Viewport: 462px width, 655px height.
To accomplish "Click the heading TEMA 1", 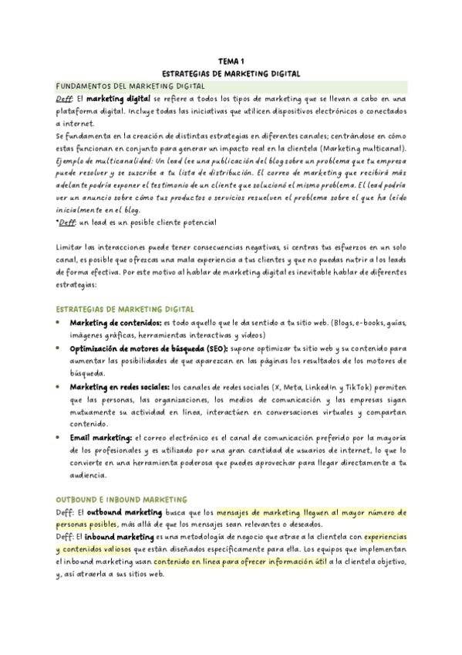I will click(x=231, y=61).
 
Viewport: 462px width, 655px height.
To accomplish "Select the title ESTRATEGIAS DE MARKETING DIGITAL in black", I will click(x=231, y=73).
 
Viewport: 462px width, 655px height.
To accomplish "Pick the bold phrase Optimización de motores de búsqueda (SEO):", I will click(x=151, y=348).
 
